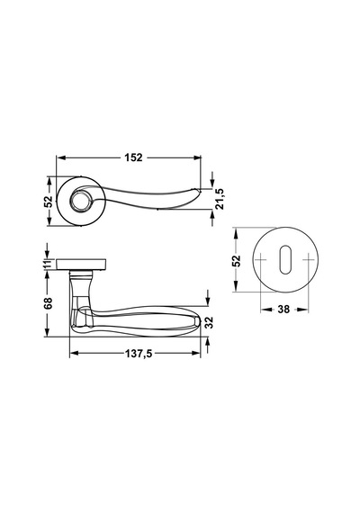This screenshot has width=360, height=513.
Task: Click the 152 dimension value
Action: [x=133, y=157]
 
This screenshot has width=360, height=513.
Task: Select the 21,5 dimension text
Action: [x=220, y=199]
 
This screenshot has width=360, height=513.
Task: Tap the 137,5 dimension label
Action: [x=139, y=354]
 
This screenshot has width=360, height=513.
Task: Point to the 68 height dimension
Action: [x=48, y=303]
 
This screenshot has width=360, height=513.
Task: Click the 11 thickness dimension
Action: [x=49, y=264]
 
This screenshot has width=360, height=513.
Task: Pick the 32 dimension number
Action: [x=209, y=322]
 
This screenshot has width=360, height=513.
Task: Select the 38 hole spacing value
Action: [x=283, y=310]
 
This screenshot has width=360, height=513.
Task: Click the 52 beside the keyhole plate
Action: [x=237, y=260]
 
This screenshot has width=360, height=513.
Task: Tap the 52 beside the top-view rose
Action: [x=49, y=202]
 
